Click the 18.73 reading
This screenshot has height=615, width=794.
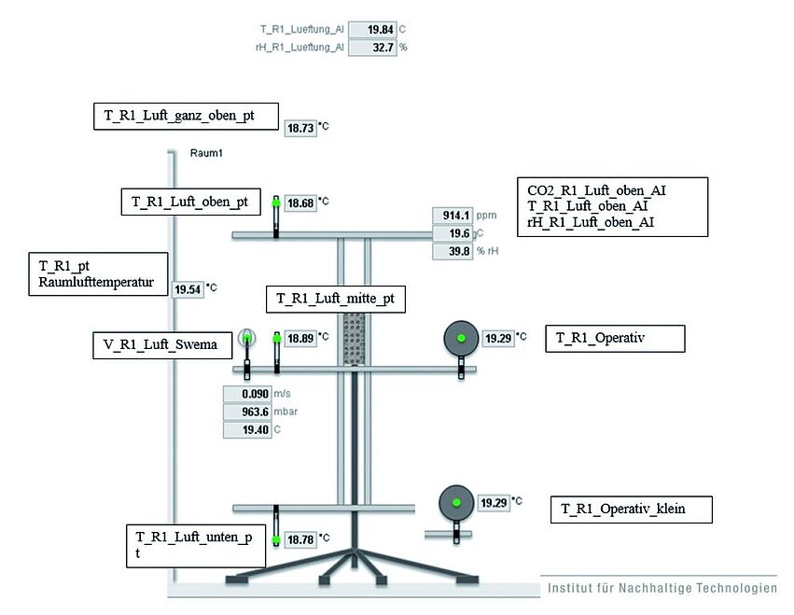tap(300, 129)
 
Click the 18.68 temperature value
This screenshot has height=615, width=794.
tap(300, 203)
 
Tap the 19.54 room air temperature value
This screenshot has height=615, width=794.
tap(188, 289)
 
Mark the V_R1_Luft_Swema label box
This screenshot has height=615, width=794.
tap(161, 344)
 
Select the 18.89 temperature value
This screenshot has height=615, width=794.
tap(300, 338)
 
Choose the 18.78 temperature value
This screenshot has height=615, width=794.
tap(300, 539)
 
